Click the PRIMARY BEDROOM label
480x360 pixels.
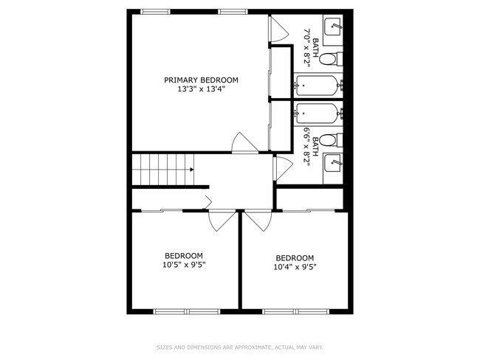click(201, 80)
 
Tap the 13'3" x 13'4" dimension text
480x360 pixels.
click(201, 89)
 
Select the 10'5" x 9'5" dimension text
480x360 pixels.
click(184, 264)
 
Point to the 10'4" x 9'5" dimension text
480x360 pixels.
click(295, 267)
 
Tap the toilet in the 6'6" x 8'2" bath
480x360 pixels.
click(333, 139)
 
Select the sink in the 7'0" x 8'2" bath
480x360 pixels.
click(333, 27)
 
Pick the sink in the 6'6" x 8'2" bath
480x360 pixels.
click(333, 160)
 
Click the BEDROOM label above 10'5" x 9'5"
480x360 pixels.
click(184, 255)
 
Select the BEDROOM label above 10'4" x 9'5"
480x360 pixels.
click(295, 258)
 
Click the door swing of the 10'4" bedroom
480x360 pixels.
click(258, 220)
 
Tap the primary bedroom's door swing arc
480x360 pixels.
click(241, 143)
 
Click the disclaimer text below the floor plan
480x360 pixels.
click(239, 347)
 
